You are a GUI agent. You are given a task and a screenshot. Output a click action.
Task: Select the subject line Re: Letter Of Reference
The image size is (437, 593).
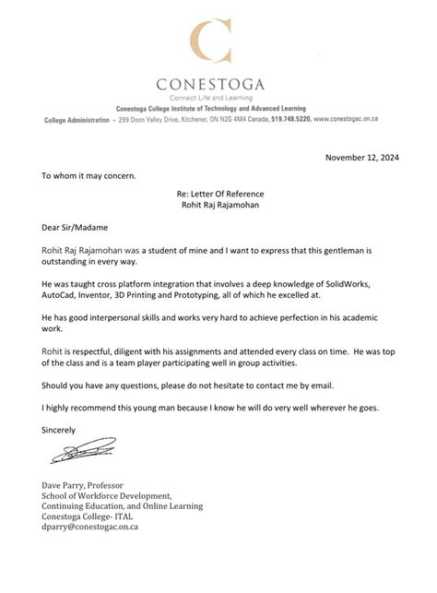tap(218, 194)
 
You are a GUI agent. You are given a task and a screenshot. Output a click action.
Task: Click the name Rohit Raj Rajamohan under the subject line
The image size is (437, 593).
tap(218, 207)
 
